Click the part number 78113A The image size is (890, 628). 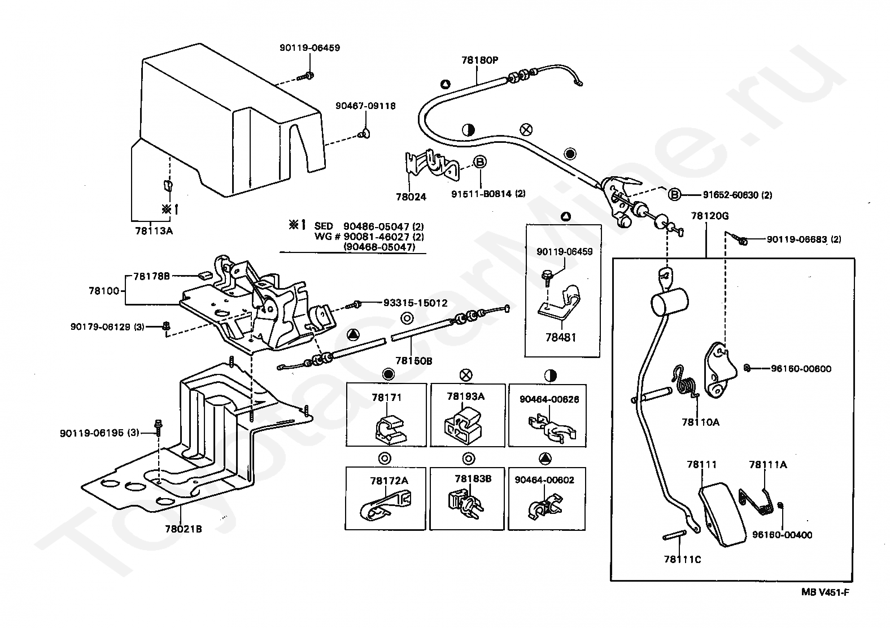(x=154, y=231)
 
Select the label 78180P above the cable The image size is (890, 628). (x=479, y=60)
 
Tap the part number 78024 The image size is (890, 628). (x=411, y=197)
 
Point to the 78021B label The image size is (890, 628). (x=184, y=529)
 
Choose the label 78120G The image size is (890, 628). (x=710, y=216)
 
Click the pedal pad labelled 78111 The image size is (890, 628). (x=722, y=515)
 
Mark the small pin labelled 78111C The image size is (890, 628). (x=674, y=535)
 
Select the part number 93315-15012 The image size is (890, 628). (x=415, y=303)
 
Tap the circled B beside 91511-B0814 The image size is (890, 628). (x=480, y=162)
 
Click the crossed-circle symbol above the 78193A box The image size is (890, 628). (x=466, y=374)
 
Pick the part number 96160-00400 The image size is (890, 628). (x=782, y=535)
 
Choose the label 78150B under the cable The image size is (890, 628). (x=413, y=361)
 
